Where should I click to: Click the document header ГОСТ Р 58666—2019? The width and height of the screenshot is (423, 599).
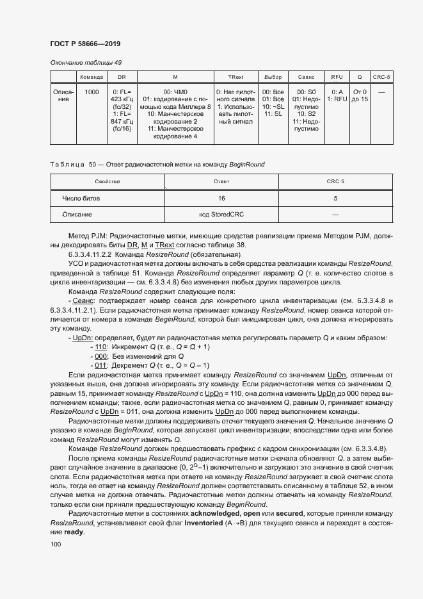[x=84, y=44]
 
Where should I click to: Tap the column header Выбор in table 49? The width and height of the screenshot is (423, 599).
[x=273, y=77]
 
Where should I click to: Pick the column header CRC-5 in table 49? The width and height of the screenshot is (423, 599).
[x=381, y=77]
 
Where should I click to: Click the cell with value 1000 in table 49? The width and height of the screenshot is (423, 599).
[x=92, y=92]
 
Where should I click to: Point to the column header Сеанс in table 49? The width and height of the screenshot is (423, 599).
[x=306, y=77]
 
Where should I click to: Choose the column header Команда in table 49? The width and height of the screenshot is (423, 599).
[x=92, y=77]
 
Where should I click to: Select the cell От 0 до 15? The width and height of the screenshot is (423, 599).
[x=360, y=95]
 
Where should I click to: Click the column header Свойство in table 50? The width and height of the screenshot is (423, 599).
[x=108, y=182]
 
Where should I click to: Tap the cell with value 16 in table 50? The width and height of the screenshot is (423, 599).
[x=221, y=199]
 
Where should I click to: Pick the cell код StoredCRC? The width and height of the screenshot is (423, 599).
[x=221, y=215]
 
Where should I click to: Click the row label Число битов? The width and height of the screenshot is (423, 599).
[x=81, y=199]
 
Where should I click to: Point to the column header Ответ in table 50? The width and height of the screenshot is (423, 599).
[x=221, y=182]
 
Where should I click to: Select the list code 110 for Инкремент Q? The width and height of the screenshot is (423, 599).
[x=100, y=347]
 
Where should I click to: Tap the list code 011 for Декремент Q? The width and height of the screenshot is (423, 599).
[x=100, y=365]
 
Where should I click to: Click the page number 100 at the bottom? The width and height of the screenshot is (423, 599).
[x=56, y=545]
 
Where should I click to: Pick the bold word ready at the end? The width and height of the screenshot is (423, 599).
[x=73, y=532]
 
